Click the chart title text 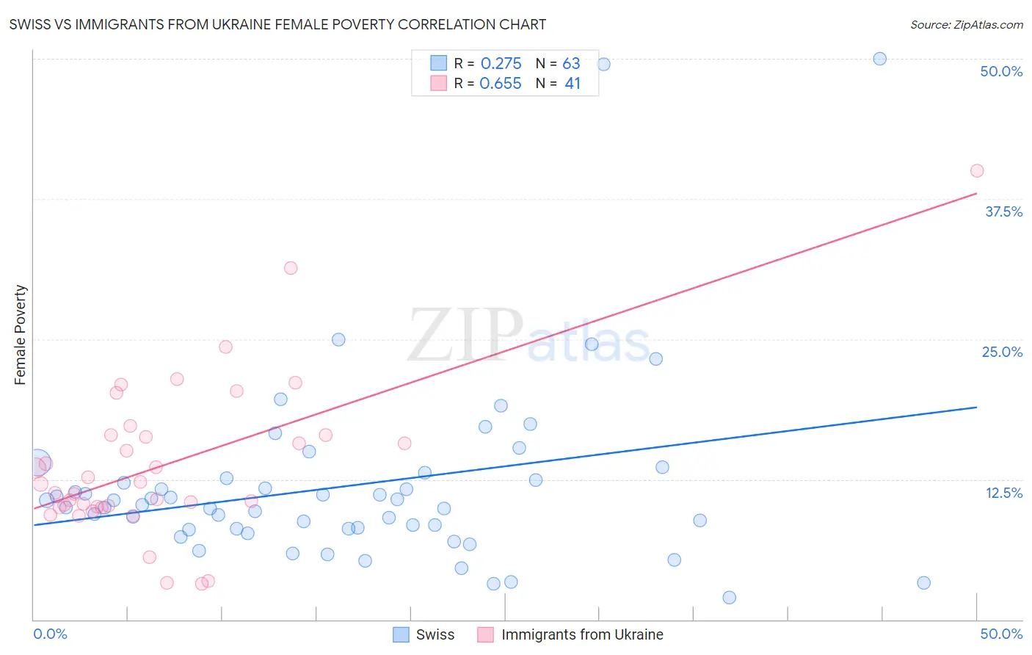coord(277,24)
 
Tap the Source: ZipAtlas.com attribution coord(966,24)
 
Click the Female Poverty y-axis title coord(21,335)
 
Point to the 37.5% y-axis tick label coord(1003,211)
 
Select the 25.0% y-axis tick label coord(1001,352)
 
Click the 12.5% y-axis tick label coord(1003,493)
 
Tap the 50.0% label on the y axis coord(1001,71)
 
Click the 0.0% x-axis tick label coord(50,634)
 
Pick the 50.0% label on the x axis coord(1001,634)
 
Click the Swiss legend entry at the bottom coord(424,634)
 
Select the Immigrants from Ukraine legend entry coord(570,634)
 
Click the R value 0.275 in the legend coord(501,64)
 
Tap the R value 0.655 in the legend coord(501,84)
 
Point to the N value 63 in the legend coord(571,64)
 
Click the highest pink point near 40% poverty coord(976,171)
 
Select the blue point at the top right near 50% coord(879,59)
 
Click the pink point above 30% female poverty coord(291,268)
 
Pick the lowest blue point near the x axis coord(729,598)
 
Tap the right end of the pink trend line coord(976,193)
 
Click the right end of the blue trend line coord(976,407)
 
